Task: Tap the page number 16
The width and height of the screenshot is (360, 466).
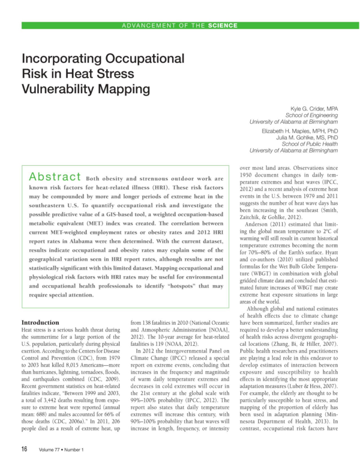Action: pos(25,449)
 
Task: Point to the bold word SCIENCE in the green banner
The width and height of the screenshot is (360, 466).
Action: pos(223,25)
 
